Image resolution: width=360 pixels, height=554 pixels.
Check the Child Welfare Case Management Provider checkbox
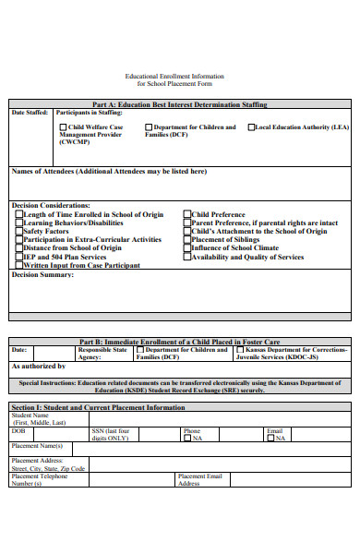click(x=63, y=127)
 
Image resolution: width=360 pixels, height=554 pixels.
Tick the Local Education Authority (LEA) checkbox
click(x=251, y=127)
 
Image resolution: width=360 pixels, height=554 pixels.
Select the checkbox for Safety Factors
click(x=18, y=231)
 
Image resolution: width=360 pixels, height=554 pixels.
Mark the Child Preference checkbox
click(x=186, y=214)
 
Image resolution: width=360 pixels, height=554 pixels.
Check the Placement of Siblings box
click(x=186, y=240)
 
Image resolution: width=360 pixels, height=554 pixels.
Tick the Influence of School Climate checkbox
click(x=186, y=248)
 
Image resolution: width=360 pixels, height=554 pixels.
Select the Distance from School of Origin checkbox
click(x=18, y=248)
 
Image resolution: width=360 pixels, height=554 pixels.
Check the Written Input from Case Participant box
click(x=18, y=265)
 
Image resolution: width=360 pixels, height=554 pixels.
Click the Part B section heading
click(x=179, y=342)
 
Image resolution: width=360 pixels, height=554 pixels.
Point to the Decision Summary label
click(x=42, y=274)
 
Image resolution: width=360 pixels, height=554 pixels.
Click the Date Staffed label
click(x=30, y=113)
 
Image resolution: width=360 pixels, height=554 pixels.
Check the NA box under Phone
click(x=186, y=439)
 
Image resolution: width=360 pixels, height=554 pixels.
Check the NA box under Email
click(x=270, y=439)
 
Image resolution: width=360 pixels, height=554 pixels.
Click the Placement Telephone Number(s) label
click(x=40, y=479)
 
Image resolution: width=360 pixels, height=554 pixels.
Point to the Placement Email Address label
click(x=200, y=479)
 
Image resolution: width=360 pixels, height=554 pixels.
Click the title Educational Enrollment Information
click(x=174, y=77)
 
